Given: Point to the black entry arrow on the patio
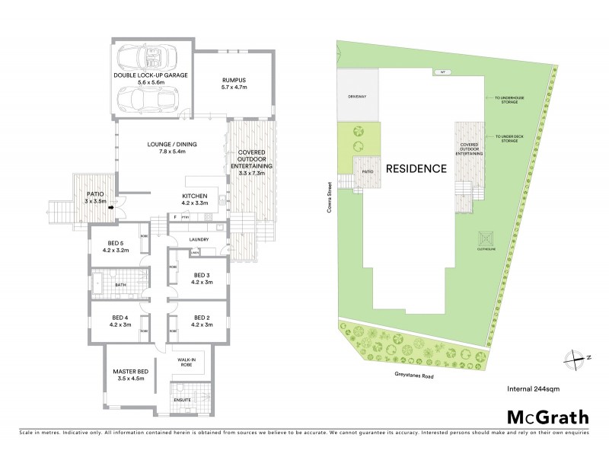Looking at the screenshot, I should point(112,206).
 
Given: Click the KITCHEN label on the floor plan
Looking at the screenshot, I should point(195,196).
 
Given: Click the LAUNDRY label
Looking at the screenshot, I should point(199,238).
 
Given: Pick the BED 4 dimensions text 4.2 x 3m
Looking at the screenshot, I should point(121,325).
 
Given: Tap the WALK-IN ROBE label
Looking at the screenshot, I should point(187,362).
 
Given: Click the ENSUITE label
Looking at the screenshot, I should point(182,399).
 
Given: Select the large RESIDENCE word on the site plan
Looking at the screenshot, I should point(415,169).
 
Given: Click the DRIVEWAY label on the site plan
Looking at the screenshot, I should point(358,97).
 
